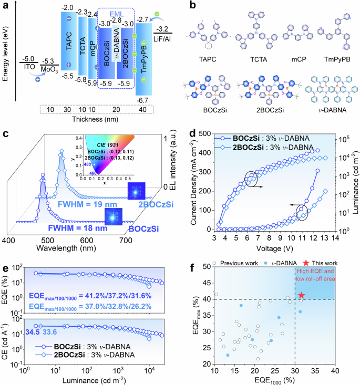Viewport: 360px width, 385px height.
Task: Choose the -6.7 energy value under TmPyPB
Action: click(x=142, y=99)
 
